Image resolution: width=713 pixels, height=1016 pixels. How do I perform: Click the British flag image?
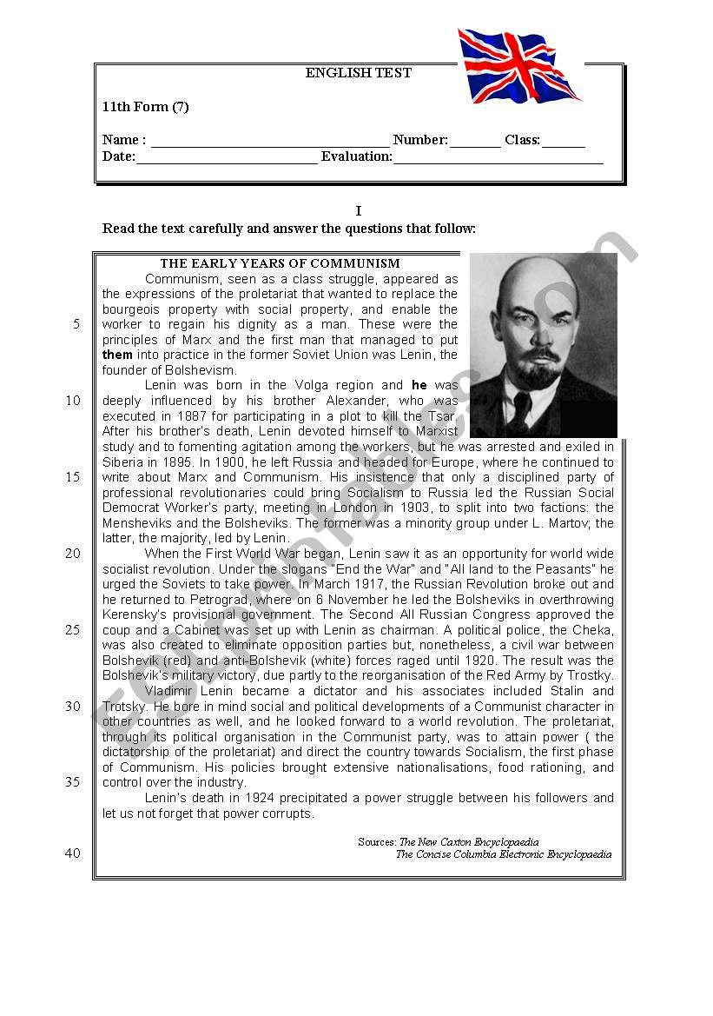(518, 66)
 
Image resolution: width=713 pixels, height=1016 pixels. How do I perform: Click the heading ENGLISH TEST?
(358, 73)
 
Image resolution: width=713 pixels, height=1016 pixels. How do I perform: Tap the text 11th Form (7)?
(145, 108)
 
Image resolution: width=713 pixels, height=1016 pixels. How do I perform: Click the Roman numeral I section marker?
(358, 211)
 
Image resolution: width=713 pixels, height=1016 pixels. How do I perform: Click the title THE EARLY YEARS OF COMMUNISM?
(280, 263)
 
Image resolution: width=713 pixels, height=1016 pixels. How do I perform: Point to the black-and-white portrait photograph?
(543, 344)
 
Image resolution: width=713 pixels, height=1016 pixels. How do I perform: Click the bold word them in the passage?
(117, 355)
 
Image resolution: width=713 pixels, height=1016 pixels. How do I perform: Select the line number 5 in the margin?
(76, 324)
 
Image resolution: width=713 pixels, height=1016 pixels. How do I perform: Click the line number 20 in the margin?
(72, 553)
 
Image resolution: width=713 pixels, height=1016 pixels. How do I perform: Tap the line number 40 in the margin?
(72, 853)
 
